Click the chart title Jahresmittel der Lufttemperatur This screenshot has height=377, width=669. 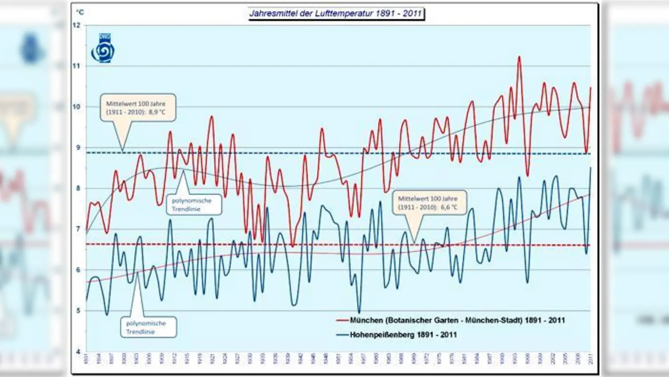pos(336,13)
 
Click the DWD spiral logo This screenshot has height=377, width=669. pos(102,49)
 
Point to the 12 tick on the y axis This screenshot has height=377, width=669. pos(77,25)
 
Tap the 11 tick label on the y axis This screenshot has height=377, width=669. pos(77,66)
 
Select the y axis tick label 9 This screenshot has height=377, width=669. pos(78,147)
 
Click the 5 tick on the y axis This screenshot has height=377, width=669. pos(78,311)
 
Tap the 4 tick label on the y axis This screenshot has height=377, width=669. pos(78,352)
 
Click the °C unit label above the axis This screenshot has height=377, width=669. pos(80,12)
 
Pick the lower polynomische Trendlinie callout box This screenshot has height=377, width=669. pos(146,327)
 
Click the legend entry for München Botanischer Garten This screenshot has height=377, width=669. pos(457,320)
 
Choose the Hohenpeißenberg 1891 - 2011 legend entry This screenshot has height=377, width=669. pos(403,335)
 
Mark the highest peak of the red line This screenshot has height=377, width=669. pos(519,57)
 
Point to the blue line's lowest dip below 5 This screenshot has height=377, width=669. pos(359,312)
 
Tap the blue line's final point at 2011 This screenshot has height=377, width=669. pos(591,168)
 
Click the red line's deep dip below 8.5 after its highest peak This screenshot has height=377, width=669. pos(528,176)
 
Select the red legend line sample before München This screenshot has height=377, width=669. pos(342,320)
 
